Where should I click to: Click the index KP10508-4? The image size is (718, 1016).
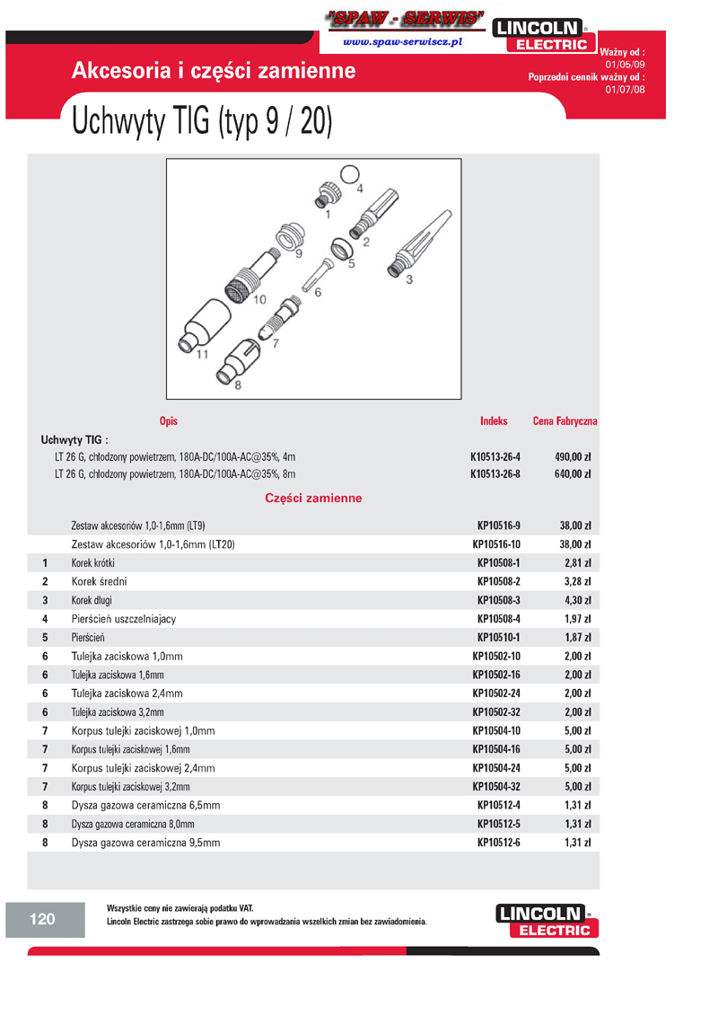[498, 619]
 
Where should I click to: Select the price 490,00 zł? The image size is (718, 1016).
[572, 456]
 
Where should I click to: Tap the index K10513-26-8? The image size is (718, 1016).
[495, 473]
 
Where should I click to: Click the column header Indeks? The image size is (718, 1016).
[494, 420]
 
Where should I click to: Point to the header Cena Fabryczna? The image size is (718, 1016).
[565, 420]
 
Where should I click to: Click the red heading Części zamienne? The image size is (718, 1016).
[313, 498]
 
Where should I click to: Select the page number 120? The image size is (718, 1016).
[42, 919]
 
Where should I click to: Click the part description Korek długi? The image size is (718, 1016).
[92, 600]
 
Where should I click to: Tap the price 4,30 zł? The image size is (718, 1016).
[577, 600]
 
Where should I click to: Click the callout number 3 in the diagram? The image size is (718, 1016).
[409, 279]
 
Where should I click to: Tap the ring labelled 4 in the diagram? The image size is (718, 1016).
[351, 174]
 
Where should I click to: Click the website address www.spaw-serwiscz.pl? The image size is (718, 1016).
[402, 42]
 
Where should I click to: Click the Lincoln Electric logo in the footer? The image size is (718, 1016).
[546, 922]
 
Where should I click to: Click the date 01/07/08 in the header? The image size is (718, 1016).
[625, 90]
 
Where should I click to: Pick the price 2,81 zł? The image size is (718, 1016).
[577, 563]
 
